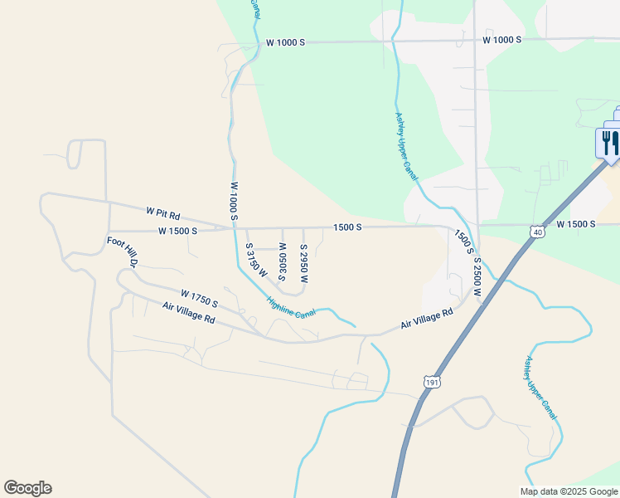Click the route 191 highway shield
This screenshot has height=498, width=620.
click(431, 382)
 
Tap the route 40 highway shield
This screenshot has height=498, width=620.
click(538, 233)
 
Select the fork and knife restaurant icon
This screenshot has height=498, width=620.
click(609, 142)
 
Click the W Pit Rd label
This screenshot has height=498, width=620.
click(162, 213)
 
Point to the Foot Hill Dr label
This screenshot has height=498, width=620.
click(121, 252)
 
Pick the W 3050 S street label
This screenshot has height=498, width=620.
click(283, 261)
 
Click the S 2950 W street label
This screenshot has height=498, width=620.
click(304, 263)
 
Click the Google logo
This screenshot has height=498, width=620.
click(27, 488)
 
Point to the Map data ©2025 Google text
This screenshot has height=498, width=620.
click(569, 491)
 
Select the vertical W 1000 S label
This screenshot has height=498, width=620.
click(235, 202)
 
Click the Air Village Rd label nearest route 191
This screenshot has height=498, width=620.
click(427, 319)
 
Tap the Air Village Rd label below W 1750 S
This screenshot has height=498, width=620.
click(189, 313)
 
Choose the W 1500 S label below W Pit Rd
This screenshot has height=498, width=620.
click(177, 231)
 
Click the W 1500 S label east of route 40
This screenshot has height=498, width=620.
click(576, 224)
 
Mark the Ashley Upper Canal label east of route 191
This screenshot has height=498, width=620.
click(540, 387)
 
